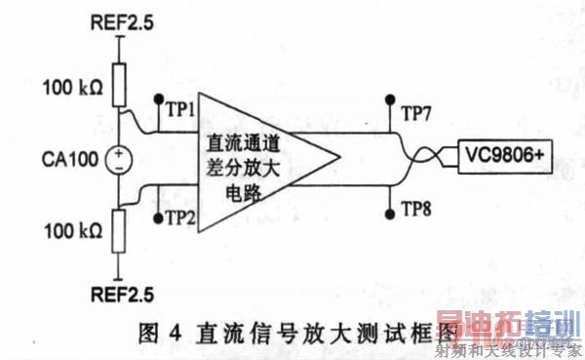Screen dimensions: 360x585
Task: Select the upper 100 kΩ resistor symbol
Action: tap(119, 86)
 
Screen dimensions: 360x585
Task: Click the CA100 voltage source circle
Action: tap(119, 157)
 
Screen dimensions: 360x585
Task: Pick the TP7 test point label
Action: tap(416, 110)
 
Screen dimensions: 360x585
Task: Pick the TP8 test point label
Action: tap(416, 206)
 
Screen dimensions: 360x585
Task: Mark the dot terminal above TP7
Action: tap(390, 99)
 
